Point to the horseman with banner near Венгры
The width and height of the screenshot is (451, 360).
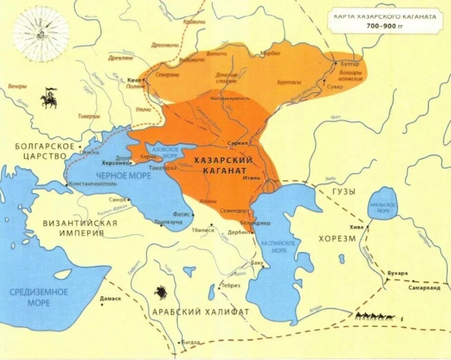(x=49, y=98)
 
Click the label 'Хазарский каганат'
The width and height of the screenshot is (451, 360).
(x=223, y=166)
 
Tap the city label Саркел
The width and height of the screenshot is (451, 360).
(x=238, y=143)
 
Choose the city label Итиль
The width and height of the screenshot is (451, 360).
(x=251, y=179)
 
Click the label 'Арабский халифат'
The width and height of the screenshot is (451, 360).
(x=201, y=312)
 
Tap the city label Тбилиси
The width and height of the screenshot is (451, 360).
(x=203, y=230)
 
